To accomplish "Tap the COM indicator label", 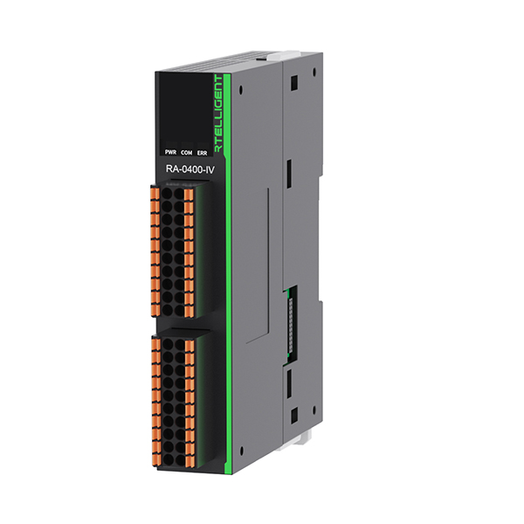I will coord(186,152).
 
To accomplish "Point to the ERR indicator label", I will coord(203,152).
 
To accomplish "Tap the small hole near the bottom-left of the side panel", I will coord(241,452).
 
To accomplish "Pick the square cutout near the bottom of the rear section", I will coord(294,412).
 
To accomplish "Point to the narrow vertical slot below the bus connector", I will coord(286,383).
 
